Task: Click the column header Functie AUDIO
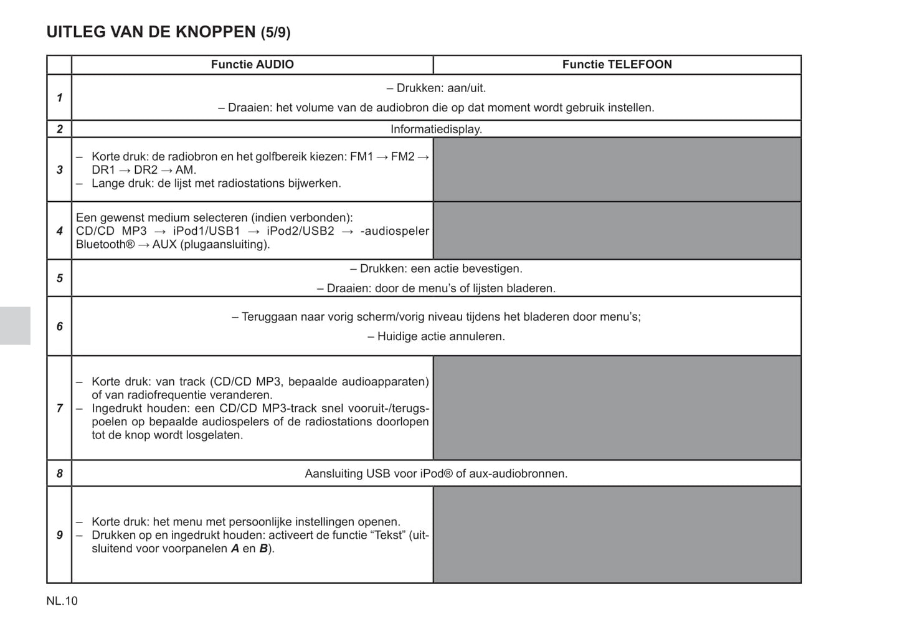(x=252, y=65)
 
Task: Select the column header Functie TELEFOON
(x=617, y=65)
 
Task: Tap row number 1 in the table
(x=60, y=98)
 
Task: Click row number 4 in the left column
(x=60, y=231)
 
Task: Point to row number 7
(x=60, y=409)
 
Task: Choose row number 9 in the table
(x=60, y=535)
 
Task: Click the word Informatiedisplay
(x=436, y=130)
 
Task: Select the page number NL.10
(x=62, y=601)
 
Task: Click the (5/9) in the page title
(x=275, y=33)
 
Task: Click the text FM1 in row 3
(x=361, y=157)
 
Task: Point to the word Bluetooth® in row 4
(x=105, y=245)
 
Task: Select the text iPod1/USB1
(x=207, y=232)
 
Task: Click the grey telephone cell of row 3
(x=617, y=169)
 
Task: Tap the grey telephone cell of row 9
(x=617, y=534)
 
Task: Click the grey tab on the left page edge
(x=15, y=326)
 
